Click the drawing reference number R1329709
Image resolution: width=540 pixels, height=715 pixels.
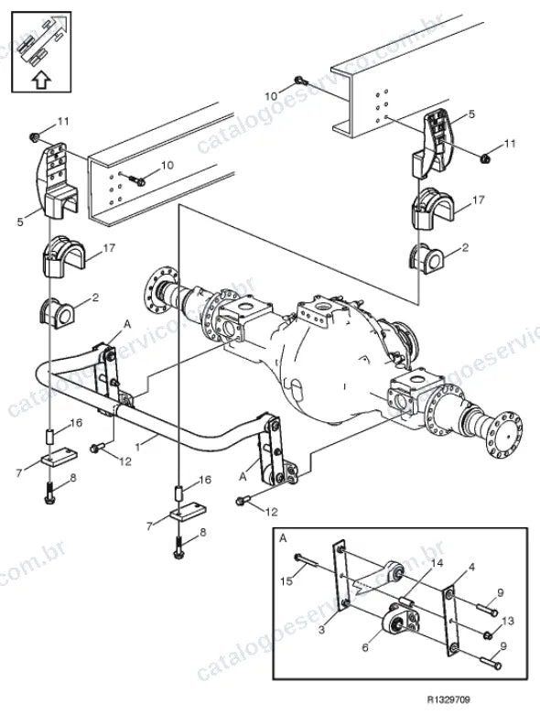[x=448, y=699]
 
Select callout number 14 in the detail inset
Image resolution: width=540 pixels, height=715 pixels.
[x=437, y=564]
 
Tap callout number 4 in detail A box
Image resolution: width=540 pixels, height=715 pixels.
[x=471, y=568]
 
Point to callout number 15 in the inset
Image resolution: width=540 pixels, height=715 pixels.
[x=286, y=581]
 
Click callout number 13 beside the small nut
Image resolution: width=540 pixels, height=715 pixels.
[x=508, y=621]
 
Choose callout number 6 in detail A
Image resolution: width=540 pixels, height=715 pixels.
[x=365, y=647]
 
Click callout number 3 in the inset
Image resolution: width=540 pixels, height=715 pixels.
[x=322, y=630]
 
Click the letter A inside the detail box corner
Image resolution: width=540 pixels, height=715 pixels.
[x=283, y=538]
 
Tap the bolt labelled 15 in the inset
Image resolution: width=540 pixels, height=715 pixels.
[x=306, y=560]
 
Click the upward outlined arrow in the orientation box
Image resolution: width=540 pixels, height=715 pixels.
[x=41, y=81]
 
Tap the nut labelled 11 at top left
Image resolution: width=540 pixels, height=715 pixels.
[x=34, y=136]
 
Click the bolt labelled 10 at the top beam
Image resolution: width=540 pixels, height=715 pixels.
[x=301, y=81]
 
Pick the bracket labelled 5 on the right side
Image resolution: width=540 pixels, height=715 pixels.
[x=433, y=144]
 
